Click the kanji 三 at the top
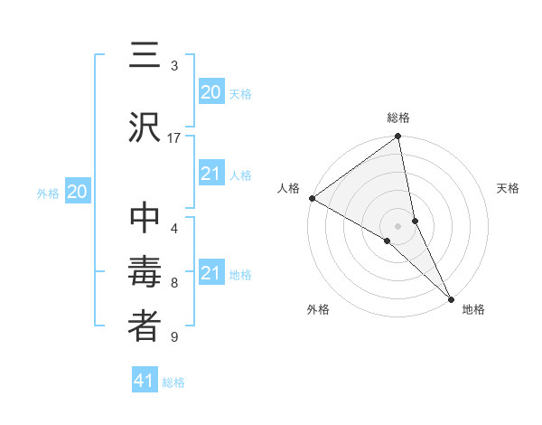(x=145, y=57)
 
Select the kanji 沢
(x=145, y=127)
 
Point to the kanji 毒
(x=145, y=273)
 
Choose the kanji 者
(x=145, y=327)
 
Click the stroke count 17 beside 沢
(x=174, y=137)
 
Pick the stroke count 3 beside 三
(x=174, y=66)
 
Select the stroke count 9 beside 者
(x=174, y=337)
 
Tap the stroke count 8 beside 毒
(x=174, y=283)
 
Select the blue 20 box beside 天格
(x=210, y=91)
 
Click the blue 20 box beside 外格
(x=78, y=192)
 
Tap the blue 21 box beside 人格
(x=210, y=174)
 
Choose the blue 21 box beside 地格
(x=210, y=273)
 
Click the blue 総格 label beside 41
(x=173, y=382)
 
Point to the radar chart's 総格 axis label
(x=398, y=118)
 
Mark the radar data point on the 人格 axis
(x=312, y=198)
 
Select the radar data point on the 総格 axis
(x=398, y=137)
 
